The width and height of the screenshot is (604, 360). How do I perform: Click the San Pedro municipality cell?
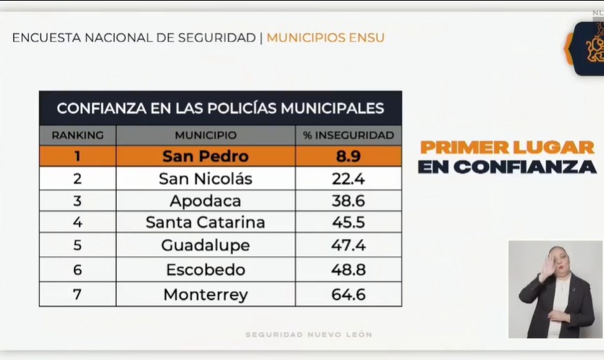(205, 156)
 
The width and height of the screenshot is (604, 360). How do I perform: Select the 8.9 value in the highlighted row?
(348, 156)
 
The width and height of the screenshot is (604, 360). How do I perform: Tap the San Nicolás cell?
(205, 179)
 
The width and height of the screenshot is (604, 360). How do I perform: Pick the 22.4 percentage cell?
(348, 179)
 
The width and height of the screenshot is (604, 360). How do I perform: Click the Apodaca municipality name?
(205, 201)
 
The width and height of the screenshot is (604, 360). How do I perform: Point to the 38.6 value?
(348, 201)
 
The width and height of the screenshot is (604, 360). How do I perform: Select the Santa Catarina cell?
(205, 222)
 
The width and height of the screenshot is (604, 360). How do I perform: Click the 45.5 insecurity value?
(348, 222)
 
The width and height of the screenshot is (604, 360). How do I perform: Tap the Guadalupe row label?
(205, 246)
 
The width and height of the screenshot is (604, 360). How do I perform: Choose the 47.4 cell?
(348, 246)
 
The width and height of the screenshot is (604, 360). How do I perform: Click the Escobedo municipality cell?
(205, 270)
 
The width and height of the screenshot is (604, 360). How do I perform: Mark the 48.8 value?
(348, 270)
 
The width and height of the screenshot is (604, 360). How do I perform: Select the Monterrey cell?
(205, 295)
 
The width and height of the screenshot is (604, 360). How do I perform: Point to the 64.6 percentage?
(348, 295)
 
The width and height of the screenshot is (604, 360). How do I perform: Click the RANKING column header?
(77, 135)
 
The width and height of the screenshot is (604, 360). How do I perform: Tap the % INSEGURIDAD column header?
(348, 135)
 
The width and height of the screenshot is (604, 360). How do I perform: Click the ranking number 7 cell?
(77, 295)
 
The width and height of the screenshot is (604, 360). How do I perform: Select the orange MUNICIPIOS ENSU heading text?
(325, 37)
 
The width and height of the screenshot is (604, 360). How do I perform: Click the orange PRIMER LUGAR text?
(507, 147)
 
